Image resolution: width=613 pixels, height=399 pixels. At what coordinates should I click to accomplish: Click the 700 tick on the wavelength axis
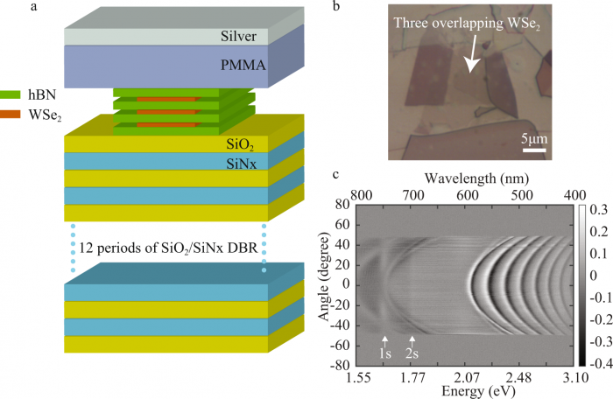417,193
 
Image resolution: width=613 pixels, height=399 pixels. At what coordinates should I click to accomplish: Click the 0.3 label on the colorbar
597,211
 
